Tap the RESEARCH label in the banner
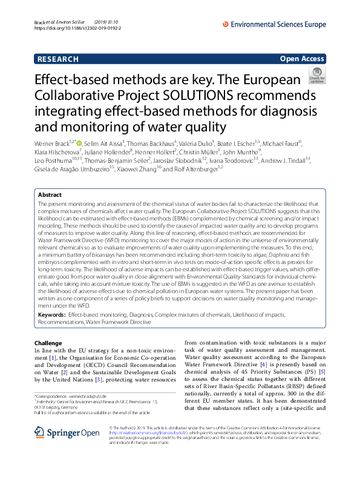pos(58,59)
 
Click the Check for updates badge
pos(316,76)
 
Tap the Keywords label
pos(51,315)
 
